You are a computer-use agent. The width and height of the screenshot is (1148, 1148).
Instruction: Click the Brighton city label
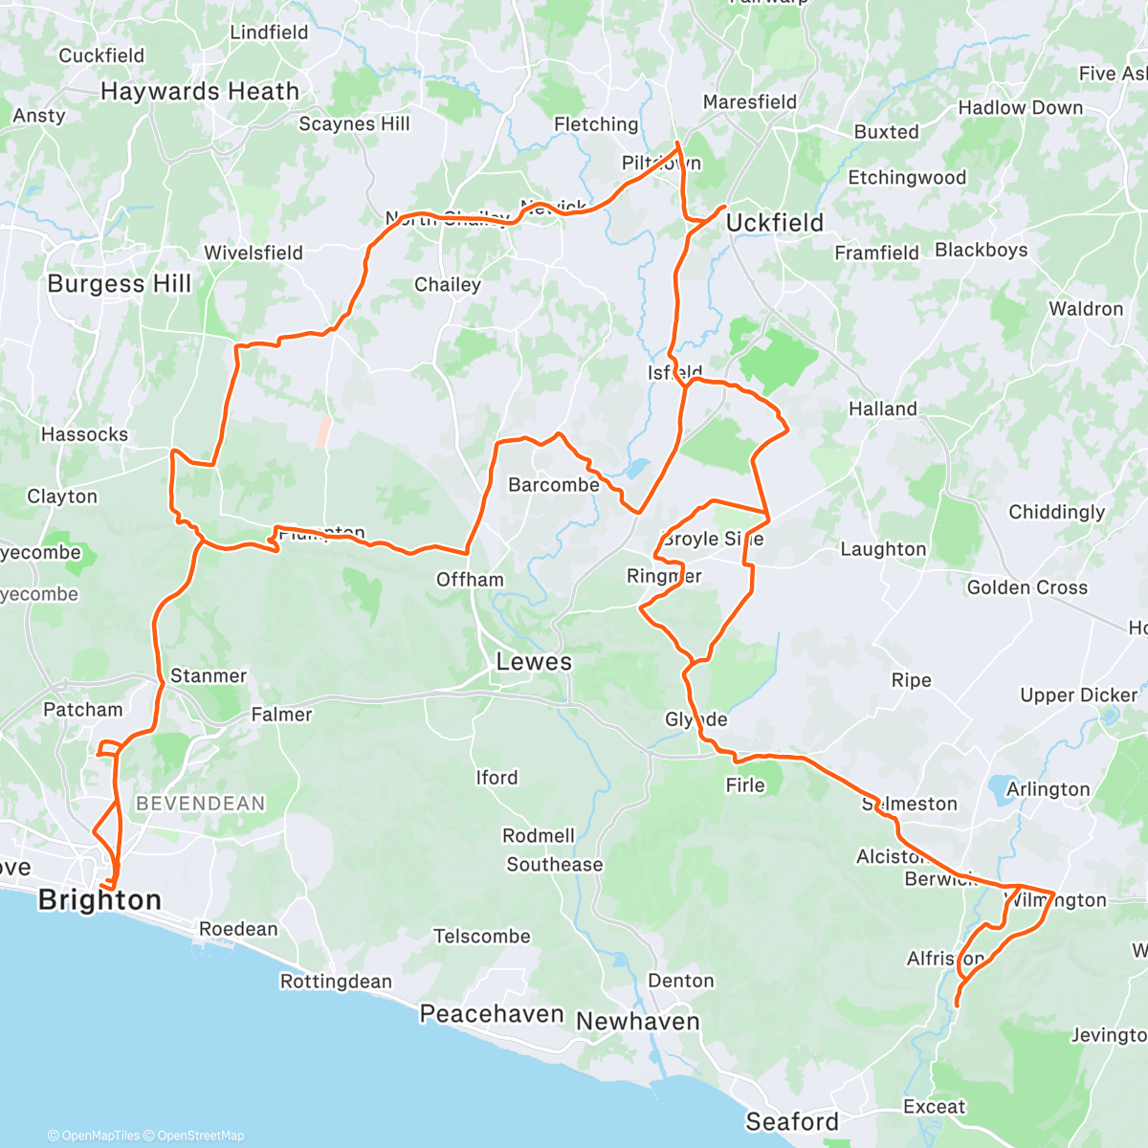coord(99,900)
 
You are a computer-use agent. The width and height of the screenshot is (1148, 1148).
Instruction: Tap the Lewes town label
coord(534,662)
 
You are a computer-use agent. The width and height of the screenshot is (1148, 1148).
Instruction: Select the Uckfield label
coord(774,223)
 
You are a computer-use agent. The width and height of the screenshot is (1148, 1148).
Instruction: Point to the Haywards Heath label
coord(200,92)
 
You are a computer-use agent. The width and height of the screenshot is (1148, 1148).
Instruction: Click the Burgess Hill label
coord(120,284)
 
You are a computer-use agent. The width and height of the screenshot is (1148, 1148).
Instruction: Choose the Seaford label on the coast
coord(792,1121)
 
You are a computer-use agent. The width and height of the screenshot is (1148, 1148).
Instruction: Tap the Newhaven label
coord(637,1022)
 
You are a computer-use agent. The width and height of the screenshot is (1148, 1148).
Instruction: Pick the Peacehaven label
coord(492,1014)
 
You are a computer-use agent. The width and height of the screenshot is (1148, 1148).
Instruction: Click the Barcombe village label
coord(554,485)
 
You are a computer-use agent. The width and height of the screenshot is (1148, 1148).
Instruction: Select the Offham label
coord(470,580)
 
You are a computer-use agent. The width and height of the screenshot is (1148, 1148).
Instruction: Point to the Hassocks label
coord(84,434)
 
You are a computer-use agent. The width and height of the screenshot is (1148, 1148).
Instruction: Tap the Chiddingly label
coord(1056,512)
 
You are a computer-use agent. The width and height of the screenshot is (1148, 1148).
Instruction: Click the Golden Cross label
coord(1027,587)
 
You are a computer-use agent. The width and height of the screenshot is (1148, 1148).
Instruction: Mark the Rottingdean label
coord(336,982)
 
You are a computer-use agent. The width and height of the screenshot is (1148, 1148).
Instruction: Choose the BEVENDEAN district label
coord(201,804)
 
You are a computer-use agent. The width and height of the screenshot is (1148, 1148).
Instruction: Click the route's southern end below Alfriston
coord(957,1004)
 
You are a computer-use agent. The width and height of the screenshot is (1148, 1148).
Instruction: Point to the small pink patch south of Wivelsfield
coord(323,431)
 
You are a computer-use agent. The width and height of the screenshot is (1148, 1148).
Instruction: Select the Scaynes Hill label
coord(354,124)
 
